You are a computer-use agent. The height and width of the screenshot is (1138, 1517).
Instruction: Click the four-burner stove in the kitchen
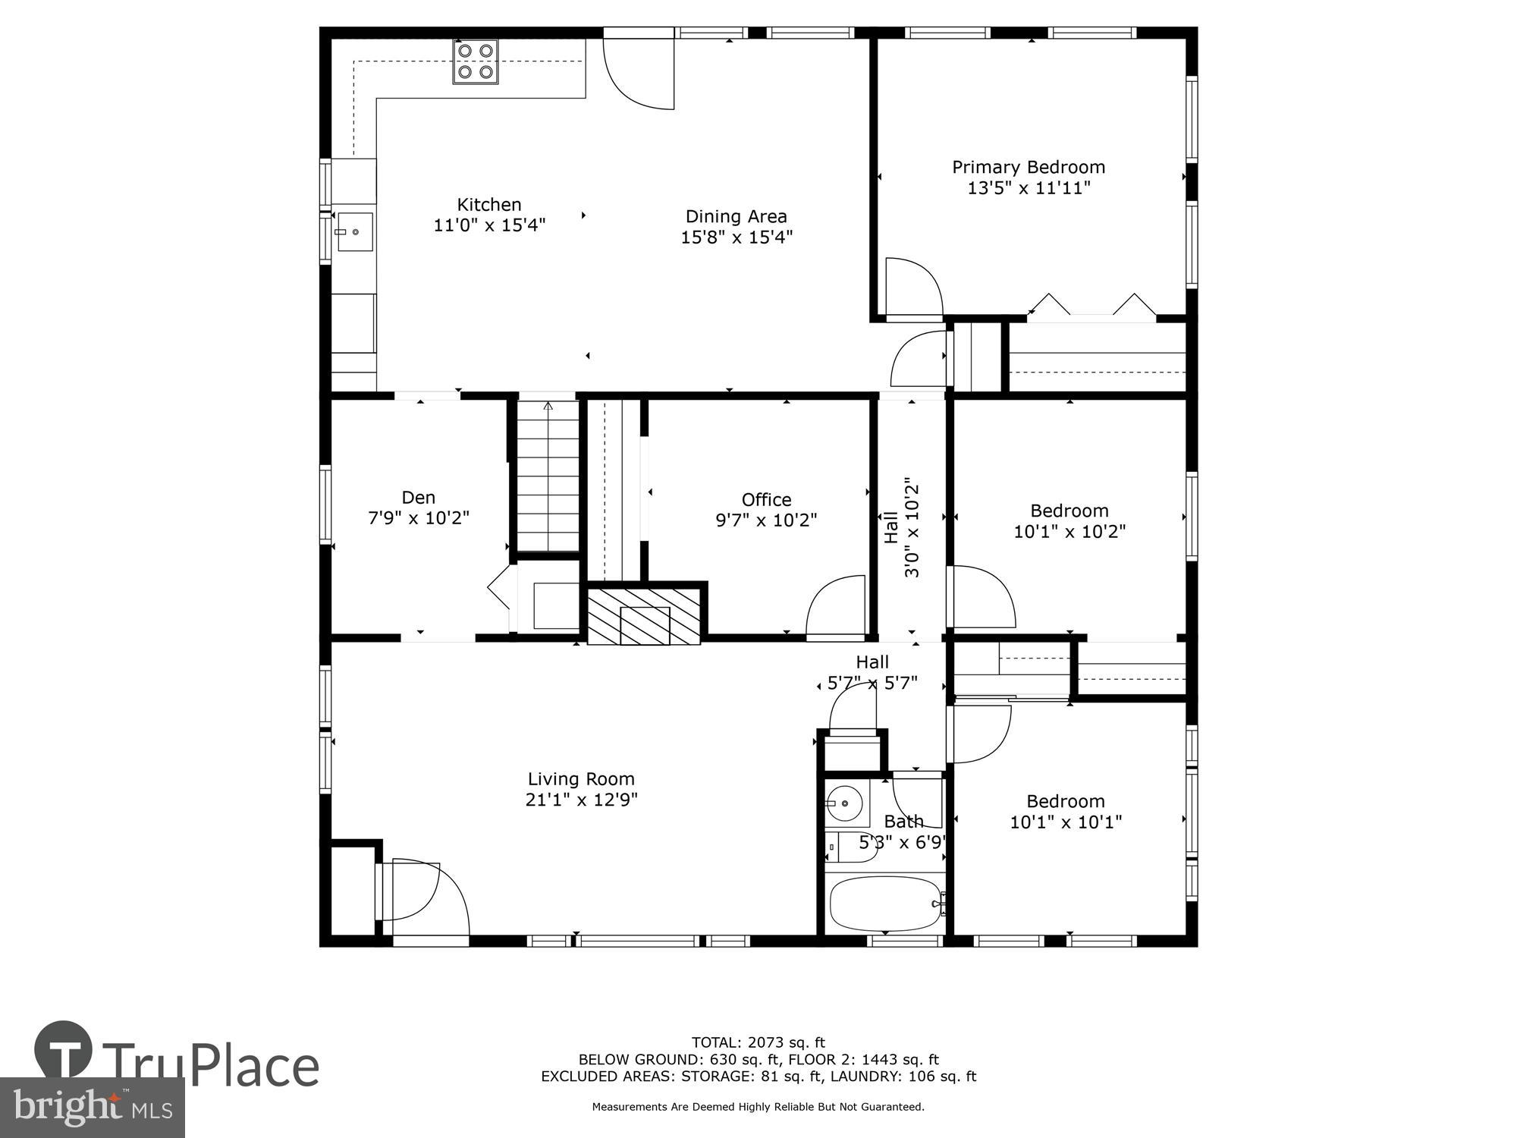(476, 61)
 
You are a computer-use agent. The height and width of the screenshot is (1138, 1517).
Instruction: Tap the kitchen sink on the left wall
(354, 231)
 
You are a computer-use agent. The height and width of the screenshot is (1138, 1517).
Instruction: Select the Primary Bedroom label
(1029, 167)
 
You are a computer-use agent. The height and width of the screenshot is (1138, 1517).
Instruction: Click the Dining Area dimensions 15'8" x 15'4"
(736, 237)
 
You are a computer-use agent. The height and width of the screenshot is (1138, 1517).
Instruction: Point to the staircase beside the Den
(548, 476)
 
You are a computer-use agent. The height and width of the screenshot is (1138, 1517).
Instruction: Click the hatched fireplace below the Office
(644, 615)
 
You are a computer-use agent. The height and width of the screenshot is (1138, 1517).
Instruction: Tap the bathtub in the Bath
(886, 904)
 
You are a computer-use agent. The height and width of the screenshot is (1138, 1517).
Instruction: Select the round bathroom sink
(843, 803)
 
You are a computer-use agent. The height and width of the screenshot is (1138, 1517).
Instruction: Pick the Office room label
(766, 499)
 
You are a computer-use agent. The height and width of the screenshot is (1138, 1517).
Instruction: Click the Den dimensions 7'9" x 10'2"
(419, 518)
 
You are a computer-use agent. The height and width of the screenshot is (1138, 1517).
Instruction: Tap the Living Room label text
(581, 779)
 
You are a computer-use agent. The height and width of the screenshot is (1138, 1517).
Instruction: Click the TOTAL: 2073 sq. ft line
(758, 1042)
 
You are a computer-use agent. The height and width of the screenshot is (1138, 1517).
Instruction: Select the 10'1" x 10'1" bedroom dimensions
(1066, 822)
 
